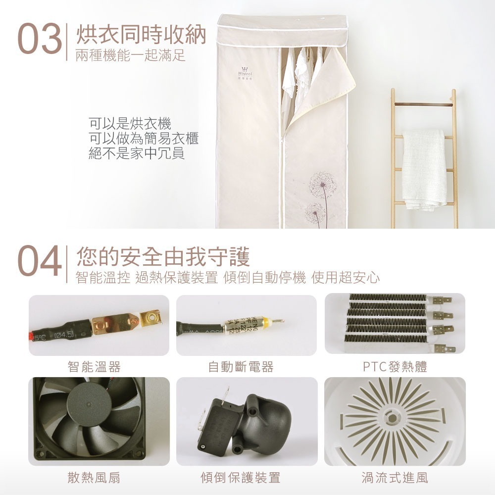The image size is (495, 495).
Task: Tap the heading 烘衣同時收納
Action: [x=141, y=35]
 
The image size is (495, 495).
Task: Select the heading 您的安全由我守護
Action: [x=163, y=257]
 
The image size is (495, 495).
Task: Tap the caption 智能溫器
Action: [x=94, y=367]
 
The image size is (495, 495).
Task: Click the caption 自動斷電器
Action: [x=241, y=367]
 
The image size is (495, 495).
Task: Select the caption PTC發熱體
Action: [x=395, y=367]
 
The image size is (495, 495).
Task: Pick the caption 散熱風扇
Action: [x=94, y=477]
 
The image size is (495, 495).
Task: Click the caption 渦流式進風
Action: [x=395, y=477]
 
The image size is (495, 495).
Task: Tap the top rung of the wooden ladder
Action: [x=423, y=104]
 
